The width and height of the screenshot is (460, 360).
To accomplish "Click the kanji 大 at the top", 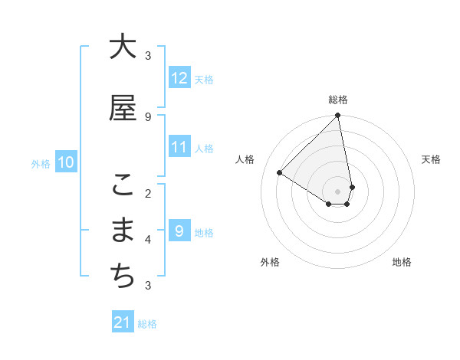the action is [123, 47].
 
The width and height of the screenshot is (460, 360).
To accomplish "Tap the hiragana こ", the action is [123, 185].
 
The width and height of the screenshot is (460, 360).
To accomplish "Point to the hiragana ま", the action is [123, 231].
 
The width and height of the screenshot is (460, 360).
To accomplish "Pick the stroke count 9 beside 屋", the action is [148, 116].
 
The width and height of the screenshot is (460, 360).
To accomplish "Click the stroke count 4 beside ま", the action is [148, 240].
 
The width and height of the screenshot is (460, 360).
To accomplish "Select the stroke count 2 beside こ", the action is [148, 193].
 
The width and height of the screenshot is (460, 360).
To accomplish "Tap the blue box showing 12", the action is [179, 78].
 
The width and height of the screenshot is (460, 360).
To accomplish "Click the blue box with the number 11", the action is [179, 147].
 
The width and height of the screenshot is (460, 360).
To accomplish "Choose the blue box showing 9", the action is [179, 231].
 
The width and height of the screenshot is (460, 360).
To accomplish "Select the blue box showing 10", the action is [66, 162].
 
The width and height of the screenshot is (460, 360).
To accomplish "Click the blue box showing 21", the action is [123, 322].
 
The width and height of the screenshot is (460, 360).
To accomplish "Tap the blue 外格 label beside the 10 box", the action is [41, 163].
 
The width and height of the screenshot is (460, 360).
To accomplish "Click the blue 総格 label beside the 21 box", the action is [147, 324].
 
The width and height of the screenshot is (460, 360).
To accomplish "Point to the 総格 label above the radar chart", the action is [338, 100].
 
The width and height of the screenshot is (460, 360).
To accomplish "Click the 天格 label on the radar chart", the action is [431, 159].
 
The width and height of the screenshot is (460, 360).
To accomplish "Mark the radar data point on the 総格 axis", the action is [338, 116].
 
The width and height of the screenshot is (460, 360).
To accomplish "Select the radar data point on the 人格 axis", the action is [280, 173].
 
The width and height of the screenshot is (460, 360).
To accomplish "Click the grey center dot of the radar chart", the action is [338, 191].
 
